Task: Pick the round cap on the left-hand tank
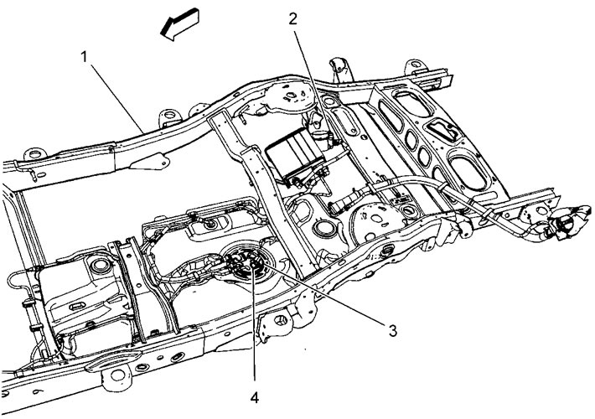pos(103,267)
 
